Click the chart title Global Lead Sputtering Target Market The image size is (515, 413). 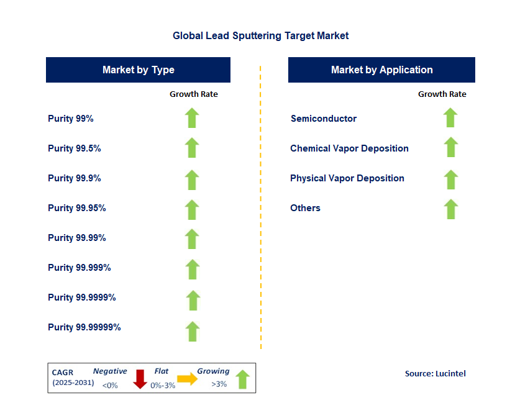pyautogui.click(x=260, y=36)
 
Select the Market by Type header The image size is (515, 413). pyautogui.click(x=138, y=70)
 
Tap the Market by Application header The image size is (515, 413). pyautogui.click(x=381, y=70)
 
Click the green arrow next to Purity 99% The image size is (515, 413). pyautogui.click(x=192, y=118)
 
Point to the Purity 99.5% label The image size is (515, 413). pyautogui.click(x=74, y=148)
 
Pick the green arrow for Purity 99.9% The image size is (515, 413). pyautogui.click(x=192, y=179)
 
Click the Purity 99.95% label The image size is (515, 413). pyautogui.click(x=76, y=208)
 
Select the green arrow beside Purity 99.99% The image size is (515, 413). pyautogui.click(x=192, y=239)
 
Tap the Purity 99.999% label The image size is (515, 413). pyautogui.click(x=79, y=268)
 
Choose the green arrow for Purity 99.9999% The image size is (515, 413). pyautogui.click(x=193, y=300)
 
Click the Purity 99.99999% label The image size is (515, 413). pyautogui.click(x=84, y=327)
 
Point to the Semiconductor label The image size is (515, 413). pyautogui.click(x=323, y=119)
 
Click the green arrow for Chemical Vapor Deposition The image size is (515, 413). pyautogui.click(x=451, y=148)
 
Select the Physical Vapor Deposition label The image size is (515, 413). pyautogui.click(x=347, y=178)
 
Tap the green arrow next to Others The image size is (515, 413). pyautogui.click(x=451, y=209)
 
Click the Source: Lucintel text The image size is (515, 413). pyautogui.click(x=435, y=373)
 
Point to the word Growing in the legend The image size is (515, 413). pyautogui.click(x=213, y=371)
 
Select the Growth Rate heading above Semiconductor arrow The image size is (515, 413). pyautogui.click(x=442, y=94)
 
